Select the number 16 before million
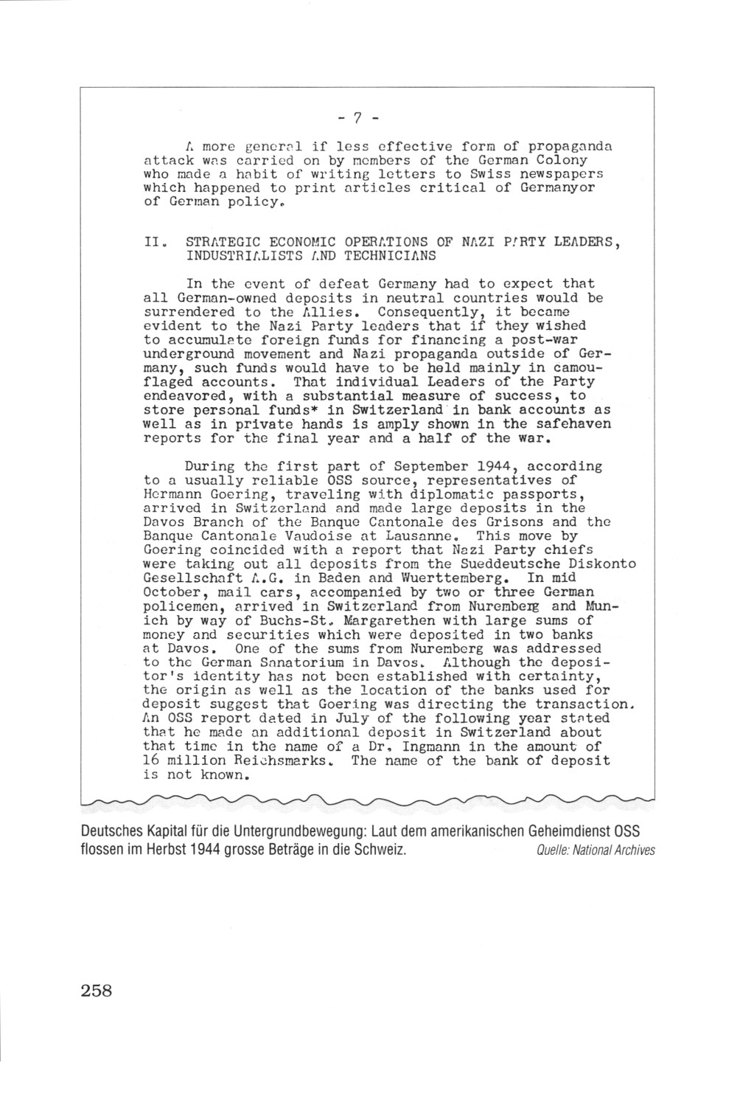click(152, 760)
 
